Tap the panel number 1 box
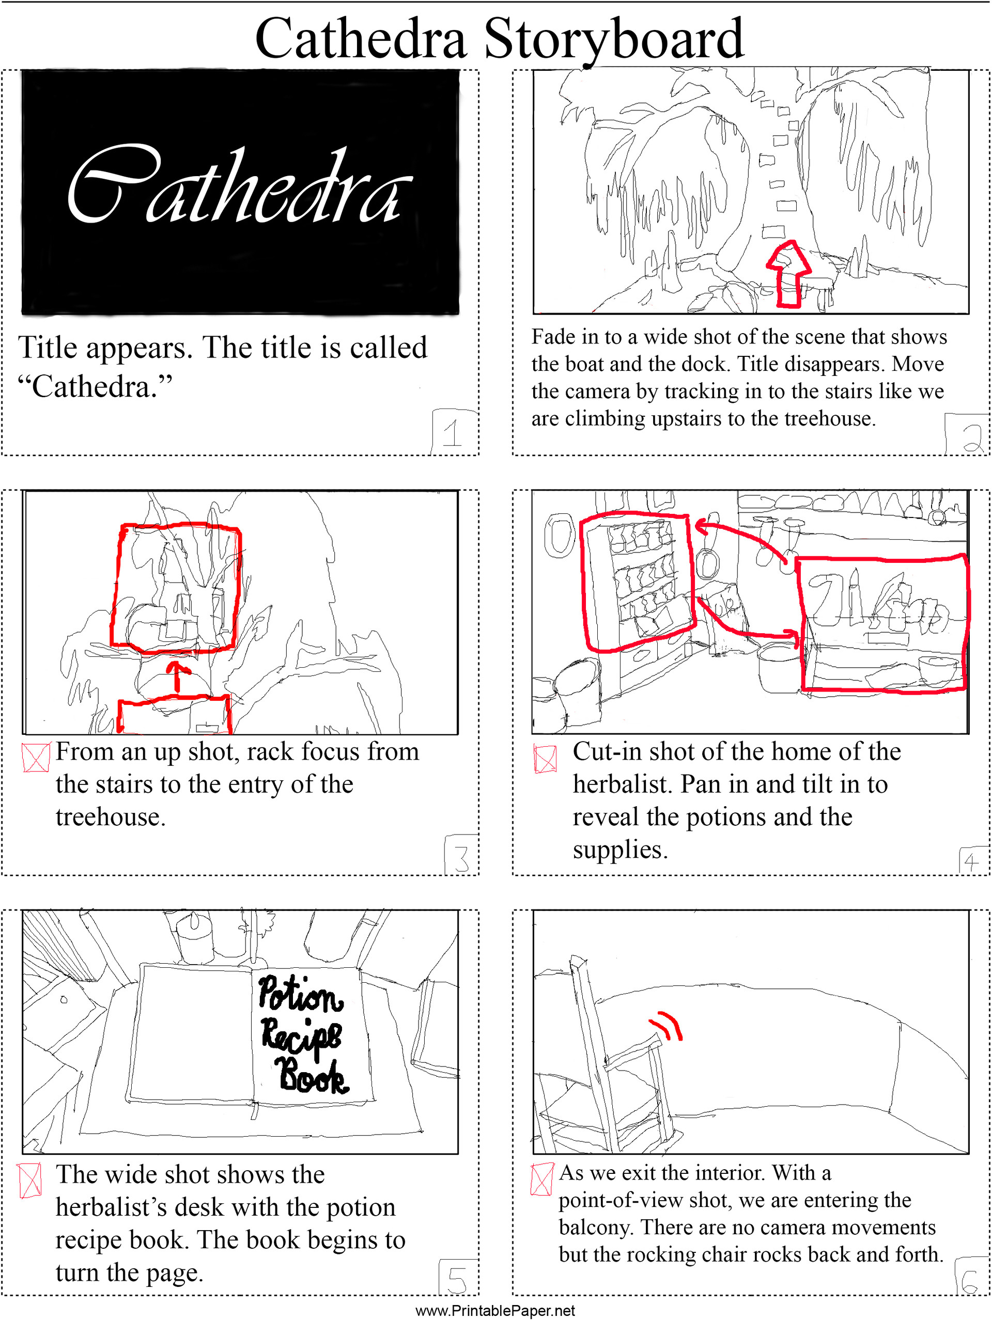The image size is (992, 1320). [x=454, y=431]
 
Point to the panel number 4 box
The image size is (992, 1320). [x=972, y=861]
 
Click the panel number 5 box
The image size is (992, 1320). [x=458, y=1278]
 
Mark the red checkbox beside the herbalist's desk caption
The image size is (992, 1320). [x=30, y=1181]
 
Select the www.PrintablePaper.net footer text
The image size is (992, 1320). [x=495, y=1311]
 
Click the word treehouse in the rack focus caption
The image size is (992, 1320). [x=111, y=817]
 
